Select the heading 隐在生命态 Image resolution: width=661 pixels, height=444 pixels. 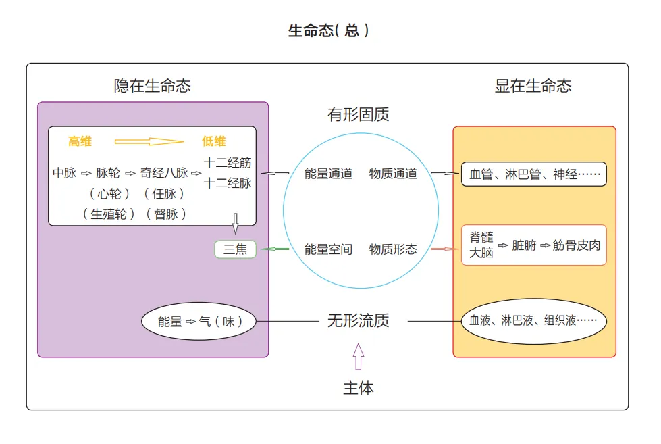(x=153, y=86)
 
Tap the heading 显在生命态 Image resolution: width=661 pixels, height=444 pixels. (x=533, y=86)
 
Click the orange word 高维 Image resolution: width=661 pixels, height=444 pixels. (x=80, y=141)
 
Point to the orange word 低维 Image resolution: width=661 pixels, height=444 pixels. (x=214, y=141)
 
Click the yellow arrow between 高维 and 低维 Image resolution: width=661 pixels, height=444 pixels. (x=149, y=141)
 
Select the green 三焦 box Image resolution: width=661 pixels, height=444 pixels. (x=236, y=249)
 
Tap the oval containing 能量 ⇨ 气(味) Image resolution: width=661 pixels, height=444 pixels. (x=201, y=322)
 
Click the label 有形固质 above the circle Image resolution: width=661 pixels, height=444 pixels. (x=359, y=114)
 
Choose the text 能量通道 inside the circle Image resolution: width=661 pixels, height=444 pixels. (x=328, y=174)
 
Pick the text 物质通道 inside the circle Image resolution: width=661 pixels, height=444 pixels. (x=393, y=174)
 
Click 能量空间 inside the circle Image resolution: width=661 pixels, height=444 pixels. (x=328, y=249)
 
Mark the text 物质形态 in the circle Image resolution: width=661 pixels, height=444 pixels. (x=393, y=249)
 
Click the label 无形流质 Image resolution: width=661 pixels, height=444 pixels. (x=359, y=320)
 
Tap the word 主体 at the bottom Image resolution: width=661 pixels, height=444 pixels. (x=359, y=389)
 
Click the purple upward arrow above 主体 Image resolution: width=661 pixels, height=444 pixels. (x=359, y=356)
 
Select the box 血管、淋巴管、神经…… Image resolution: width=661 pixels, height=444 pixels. (x=533, y=174)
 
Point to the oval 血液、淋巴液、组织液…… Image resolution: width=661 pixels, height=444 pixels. (x=533, y=321)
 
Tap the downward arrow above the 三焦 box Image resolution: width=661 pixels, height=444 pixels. (x=236, y=222)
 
